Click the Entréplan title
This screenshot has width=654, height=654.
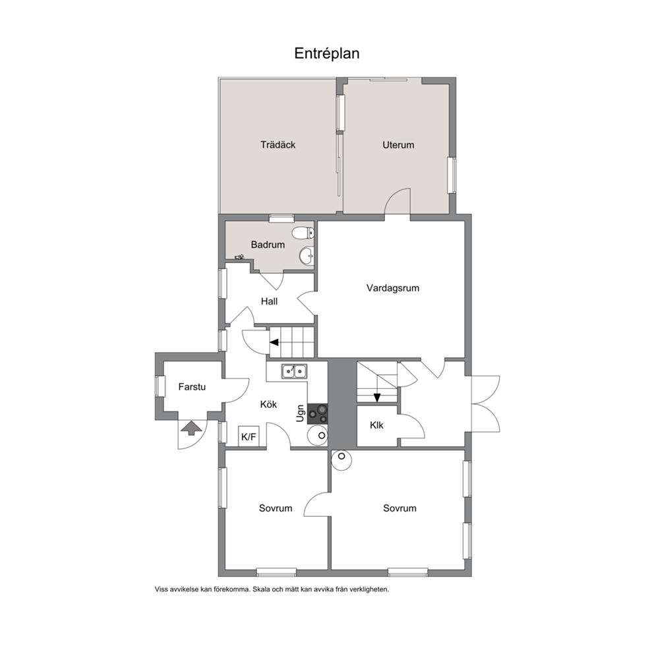pos(326,53)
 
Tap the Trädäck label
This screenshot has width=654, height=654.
pos(278,145)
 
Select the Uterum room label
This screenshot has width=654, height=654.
pos(398,145)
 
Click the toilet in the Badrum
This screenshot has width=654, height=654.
pos(303,233)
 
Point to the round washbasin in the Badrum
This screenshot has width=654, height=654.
pos(307,255)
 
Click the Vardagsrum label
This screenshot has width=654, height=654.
pos(393,288)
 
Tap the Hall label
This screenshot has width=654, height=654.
pos(269,301)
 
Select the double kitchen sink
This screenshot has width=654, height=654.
pos(295,371)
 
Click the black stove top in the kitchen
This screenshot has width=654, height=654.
pos(317,414)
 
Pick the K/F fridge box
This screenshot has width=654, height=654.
pos(249,436)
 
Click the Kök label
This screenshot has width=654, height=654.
pos(268,404)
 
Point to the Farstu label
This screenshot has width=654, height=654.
pos(192,386)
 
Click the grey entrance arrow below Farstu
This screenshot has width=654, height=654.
pos(191,427)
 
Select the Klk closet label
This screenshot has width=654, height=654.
pos(376,425)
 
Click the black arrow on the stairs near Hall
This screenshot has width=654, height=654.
pos(274,342)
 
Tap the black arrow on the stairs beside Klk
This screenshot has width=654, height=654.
pos(377,398)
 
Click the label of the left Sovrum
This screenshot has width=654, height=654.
pos(276,508)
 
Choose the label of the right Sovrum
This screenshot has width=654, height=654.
pos(400,508)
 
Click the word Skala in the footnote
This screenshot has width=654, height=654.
pos(260,589)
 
